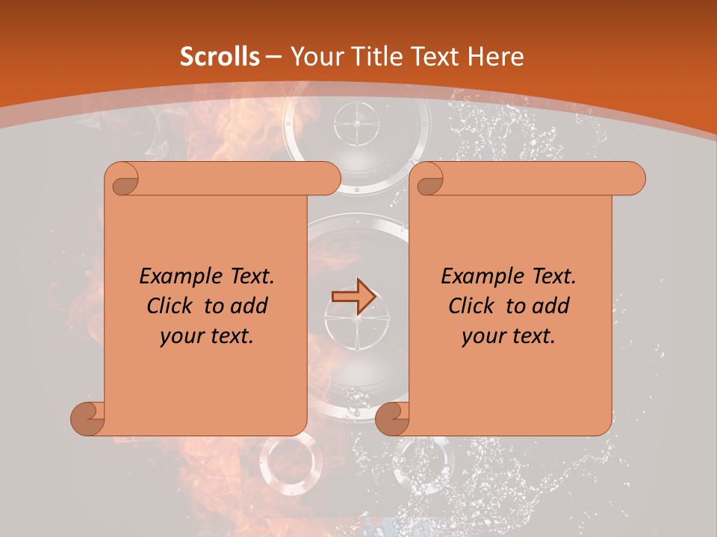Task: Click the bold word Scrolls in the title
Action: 220,57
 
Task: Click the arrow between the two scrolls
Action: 353,296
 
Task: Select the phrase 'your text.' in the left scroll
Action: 207,336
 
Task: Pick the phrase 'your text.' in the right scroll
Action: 509,336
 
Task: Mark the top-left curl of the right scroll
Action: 428,180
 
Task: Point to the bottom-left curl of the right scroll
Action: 392,418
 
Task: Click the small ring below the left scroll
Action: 291,462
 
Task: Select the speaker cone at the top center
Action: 357,123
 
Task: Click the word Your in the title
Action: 314,57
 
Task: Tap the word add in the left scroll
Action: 249,306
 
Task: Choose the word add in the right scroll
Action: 550,306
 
